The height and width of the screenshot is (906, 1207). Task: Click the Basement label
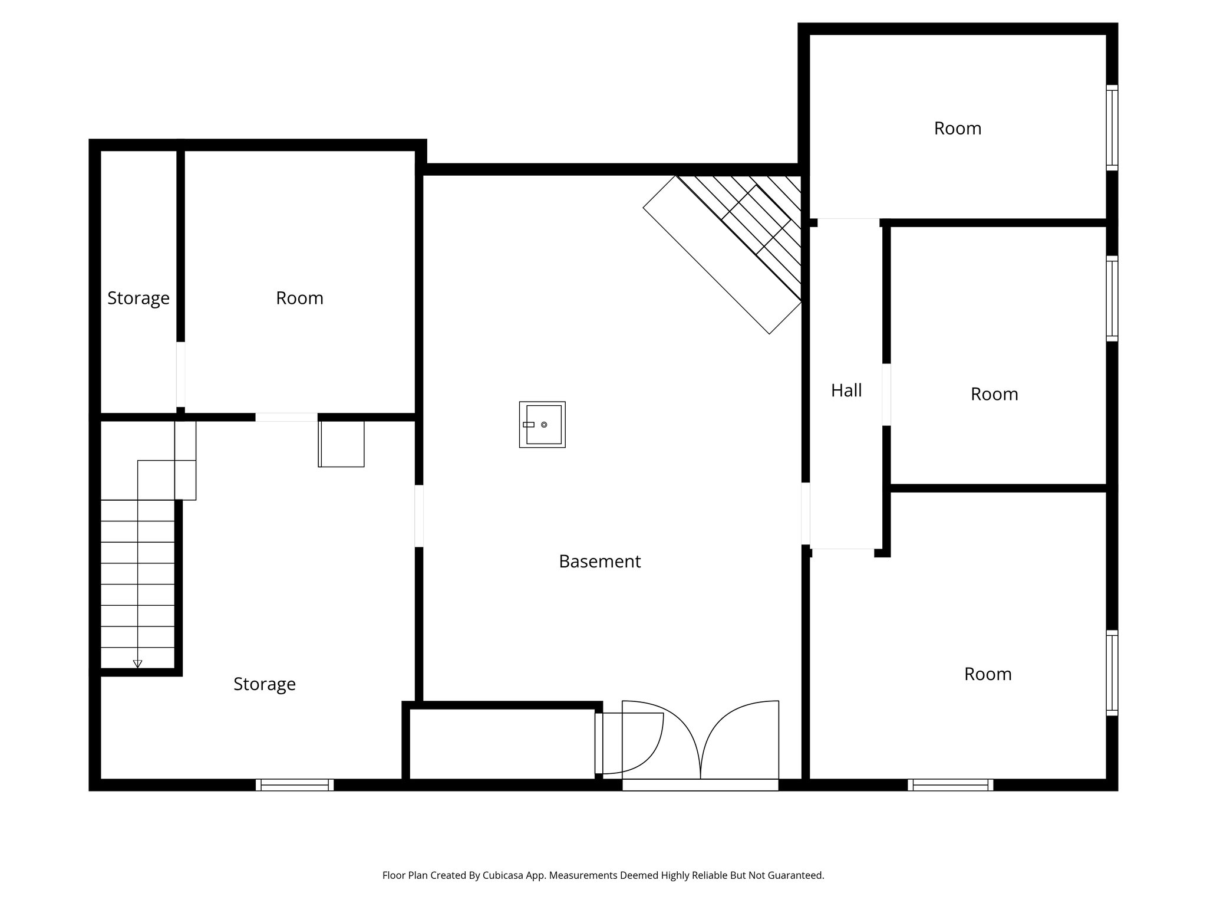point(599,562)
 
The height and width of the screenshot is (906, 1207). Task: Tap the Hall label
point(846,390)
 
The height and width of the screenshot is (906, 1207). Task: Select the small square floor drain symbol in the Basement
point(542,425)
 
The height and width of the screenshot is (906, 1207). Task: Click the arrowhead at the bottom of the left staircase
point(137,664)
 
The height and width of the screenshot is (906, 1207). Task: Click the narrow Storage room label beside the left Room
point(138,298)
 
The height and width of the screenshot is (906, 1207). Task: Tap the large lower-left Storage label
point(264,684)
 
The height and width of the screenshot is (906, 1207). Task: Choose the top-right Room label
point(957,129)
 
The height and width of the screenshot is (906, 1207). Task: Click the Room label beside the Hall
point(994,394)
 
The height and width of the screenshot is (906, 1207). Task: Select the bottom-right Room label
point(987,674)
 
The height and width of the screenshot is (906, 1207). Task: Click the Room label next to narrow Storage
point(299,298)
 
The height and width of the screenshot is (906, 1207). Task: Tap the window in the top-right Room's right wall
point(1112,127)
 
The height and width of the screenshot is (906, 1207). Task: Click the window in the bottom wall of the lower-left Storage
point(295,784)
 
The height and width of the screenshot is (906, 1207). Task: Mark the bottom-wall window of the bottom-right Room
point(950,784)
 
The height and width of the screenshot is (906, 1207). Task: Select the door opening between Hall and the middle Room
point(886,394)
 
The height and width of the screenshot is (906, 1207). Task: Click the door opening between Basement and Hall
point(805,513)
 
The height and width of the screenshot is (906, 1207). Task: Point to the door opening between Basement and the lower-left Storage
point(419,516)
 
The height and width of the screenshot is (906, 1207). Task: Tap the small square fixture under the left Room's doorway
point(341,444)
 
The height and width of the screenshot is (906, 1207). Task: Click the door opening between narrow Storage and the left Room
point(180,374)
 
